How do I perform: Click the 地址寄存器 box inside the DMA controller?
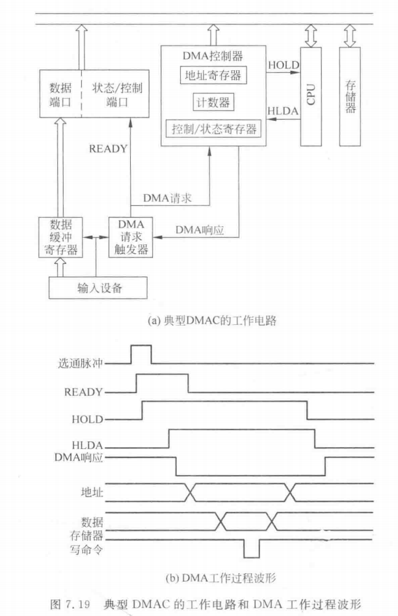click(212, 76)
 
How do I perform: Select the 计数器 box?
click(212, 103)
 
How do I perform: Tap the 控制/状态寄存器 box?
click(212, 129)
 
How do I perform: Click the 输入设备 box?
click(97, 287)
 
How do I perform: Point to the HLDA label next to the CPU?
click(284, 112)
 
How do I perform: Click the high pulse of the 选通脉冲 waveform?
click(141, 355)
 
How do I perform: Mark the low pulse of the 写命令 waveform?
click(252, 549)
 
